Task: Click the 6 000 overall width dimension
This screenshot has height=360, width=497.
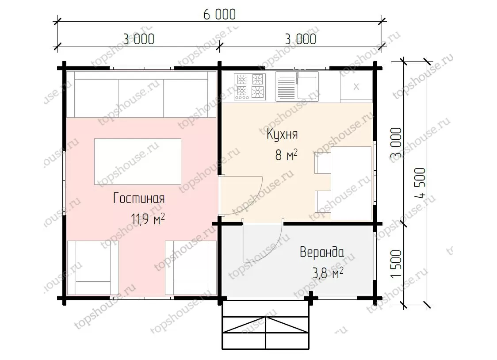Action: coord(219,14)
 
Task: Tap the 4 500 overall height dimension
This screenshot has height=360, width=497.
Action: coord(421,183)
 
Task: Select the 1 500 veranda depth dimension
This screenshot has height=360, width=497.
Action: coord(396,264)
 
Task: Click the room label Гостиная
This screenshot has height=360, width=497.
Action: coord(139,199)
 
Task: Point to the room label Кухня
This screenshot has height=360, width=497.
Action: coord(282,134)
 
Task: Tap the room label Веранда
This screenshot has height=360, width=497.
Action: coord(322,252)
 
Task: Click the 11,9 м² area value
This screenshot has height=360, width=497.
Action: coord(148,218)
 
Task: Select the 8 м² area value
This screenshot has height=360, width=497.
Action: coord(287,155)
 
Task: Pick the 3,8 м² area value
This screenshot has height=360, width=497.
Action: coord(328,273)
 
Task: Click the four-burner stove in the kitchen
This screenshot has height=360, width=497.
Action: coord(250,87)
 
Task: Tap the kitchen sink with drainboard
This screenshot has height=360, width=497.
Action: coord(297,86)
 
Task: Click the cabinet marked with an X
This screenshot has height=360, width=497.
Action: coord(356,86)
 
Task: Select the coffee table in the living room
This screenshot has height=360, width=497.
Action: coord(138,161)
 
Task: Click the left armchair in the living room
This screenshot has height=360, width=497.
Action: coord(93,268)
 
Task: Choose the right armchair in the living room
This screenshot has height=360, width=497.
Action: coord(191,268)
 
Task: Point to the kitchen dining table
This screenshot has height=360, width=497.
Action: coord(351,183)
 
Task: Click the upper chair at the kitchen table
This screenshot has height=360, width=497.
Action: coord(323,163)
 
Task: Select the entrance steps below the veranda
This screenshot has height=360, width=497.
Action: coord(266,325)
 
